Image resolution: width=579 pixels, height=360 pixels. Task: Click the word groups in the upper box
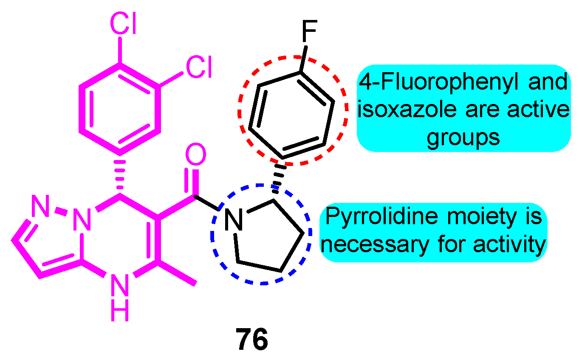tap(463, 138)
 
